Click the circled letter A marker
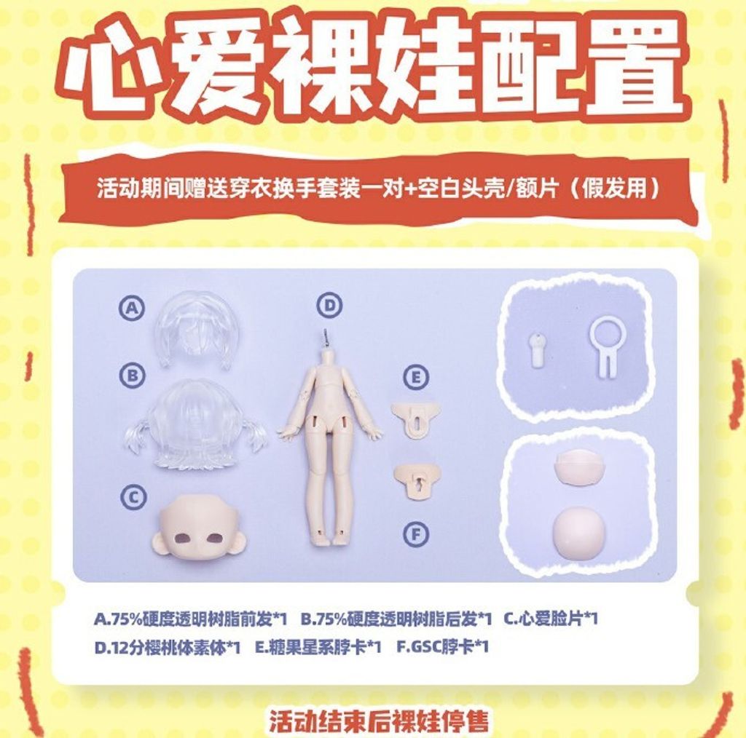(x=132, y=309)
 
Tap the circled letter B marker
(x=133, y=376)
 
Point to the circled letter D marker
(x=330, y=305)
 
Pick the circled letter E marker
(x=416, y=377)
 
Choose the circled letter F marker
(x=416, y=535)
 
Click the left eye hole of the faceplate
(x=182, y=538)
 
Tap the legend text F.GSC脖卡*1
(x=442, y=647)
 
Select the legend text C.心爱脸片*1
(x=551, y=619)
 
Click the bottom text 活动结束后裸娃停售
(x=379, y=721)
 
